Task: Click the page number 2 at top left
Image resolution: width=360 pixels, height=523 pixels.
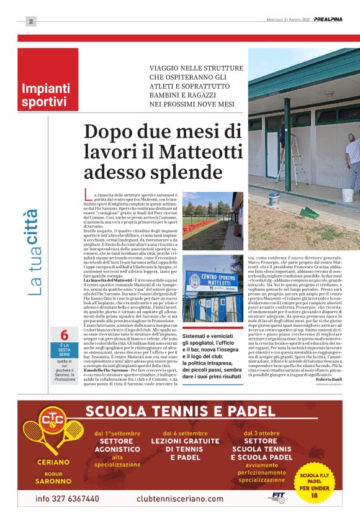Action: click(x=30, y=21)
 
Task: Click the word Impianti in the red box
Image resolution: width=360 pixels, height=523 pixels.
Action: click(x=40, y=88)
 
